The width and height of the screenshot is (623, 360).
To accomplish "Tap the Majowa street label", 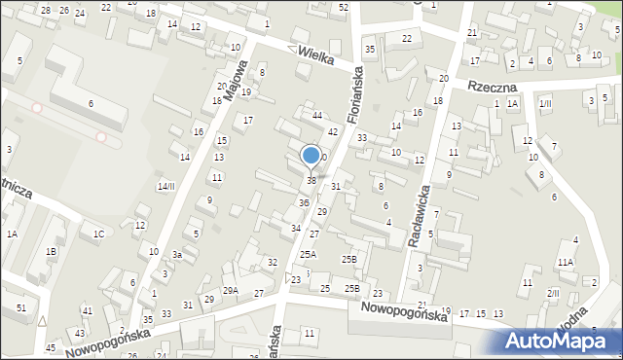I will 234,83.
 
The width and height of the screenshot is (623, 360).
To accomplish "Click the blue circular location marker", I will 311,155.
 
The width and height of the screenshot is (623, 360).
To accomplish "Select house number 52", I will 344,7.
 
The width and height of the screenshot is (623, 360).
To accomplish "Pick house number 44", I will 317,116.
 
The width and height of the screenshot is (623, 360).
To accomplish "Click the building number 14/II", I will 166,186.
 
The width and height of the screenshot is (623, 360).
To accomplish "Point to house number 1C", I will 98,234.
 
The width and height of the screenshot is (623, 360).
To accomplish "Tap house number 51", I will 21,307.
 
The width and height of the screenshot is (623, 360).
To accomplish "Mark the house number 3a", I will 178,255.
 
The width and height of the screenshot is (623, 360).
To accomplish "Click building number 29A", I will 231,290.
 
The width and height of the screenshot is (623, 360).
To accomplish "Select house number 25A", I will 308,254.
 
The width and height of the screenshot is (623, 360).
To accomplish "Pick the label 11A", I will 566,262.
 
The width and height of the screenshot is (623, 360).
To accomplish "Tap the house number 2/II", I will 553,293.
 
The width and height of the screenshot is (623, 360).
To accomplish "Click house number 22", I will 406,38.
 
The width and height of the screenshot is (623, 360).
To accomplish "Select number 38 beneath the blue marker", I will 311,180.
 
